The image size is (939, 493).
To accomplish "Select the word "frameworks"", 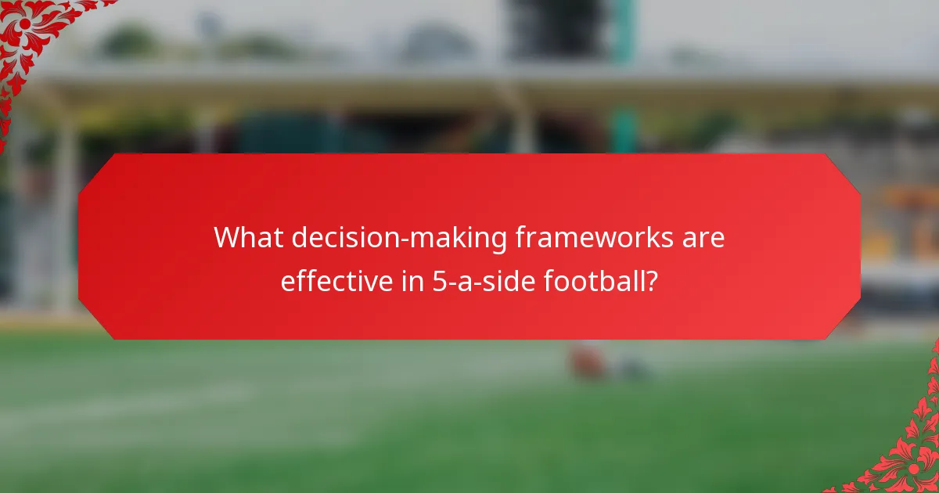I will [x=592, y=237].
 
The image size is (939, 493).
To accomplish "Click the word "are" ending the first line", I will [x=703, y=238].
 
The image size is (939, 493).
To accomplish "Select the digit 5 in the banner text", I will [x=438, y=281].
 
